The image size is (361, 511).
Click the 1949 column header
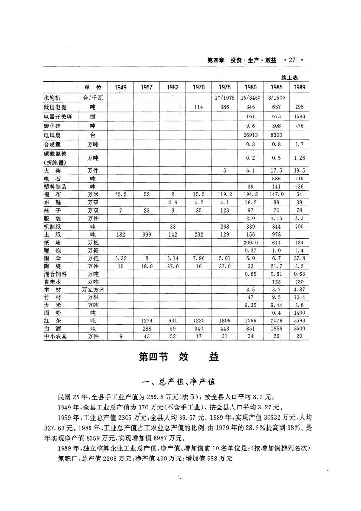[121, 87]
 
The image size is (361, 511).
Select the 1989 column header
[299, 87]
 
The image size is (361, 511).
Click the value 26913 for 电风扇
[250, 135]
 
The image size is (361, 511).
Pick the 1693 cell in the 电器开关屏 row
[299, 116]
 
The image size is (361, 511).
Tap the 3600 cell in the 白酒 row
[299, 328]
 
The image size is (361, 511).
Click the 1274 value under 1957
[147, 319]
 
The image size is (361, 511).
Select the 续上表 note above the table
[291, 77]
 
